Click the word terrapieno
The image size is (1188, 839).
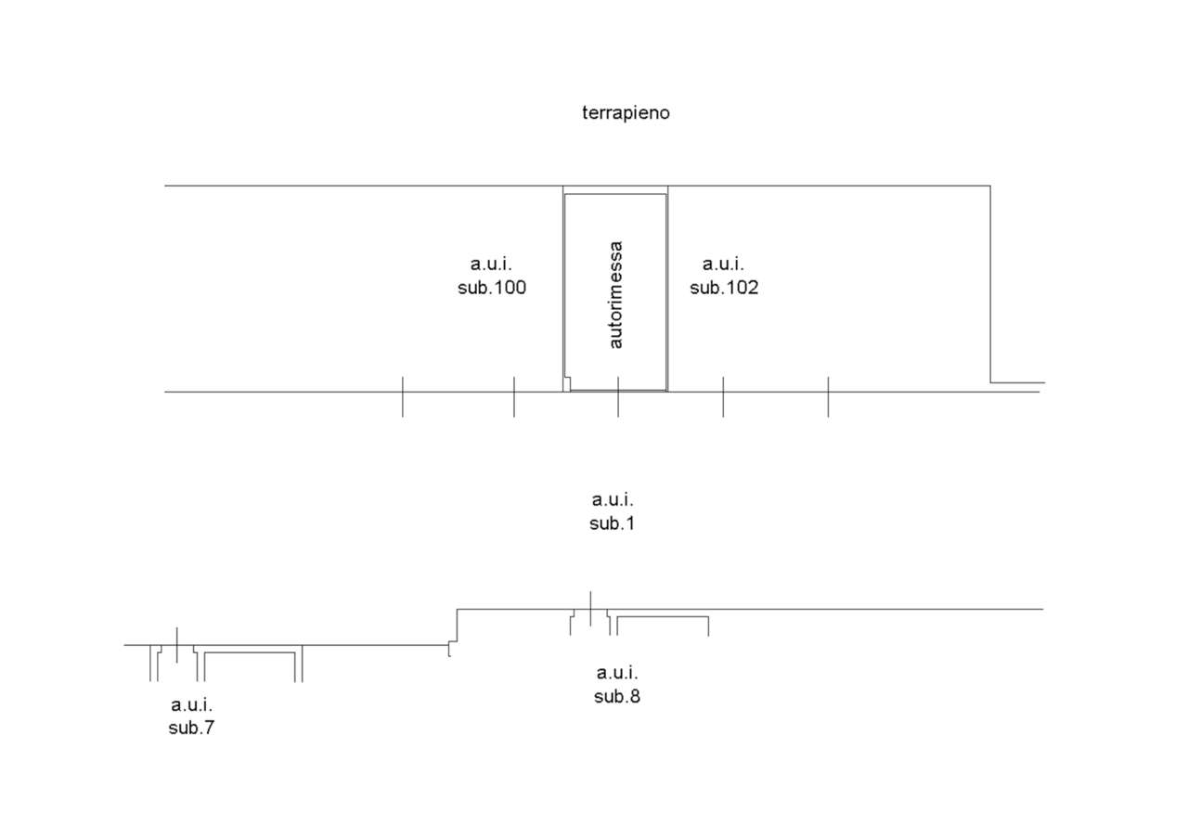(x=626, y=113)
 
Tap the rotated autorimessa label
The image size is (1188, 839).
(x=616, y=295)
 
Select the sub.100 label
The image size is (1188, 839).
(x=492, y=288)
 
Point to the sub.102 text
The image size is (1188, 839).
(x=724, y=288)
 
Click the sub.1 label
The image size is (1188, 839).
(x=613, y=523)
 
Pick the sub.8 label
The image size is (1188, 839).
(x=617, y=696)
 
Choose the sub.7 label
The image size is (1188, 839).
(x=191, y=728)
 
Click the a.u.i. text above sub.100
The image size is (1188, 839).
(x=492, y=265)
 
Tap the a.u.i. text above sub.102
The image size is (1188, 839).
(x=724, y=265)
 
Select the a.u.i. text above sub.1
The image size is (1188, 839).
(x=613, y=500)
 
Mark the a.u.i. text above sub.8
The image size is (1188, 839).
(x=617, y=673)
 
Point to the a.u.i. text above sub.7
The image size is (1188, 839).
(x=191, y=704)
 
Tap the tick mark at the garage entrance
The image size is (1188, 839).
(x=618, y=397)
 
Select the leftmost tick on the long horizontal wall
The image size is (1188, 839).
(x=402, y=397)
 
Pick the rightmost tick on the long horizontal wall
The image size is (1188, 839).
(x=828, y=397)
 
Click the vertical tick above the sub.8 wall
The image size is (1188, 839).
(x=590, y=609)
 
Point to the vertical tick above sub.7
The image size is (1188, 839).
(x=176, y=645)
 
